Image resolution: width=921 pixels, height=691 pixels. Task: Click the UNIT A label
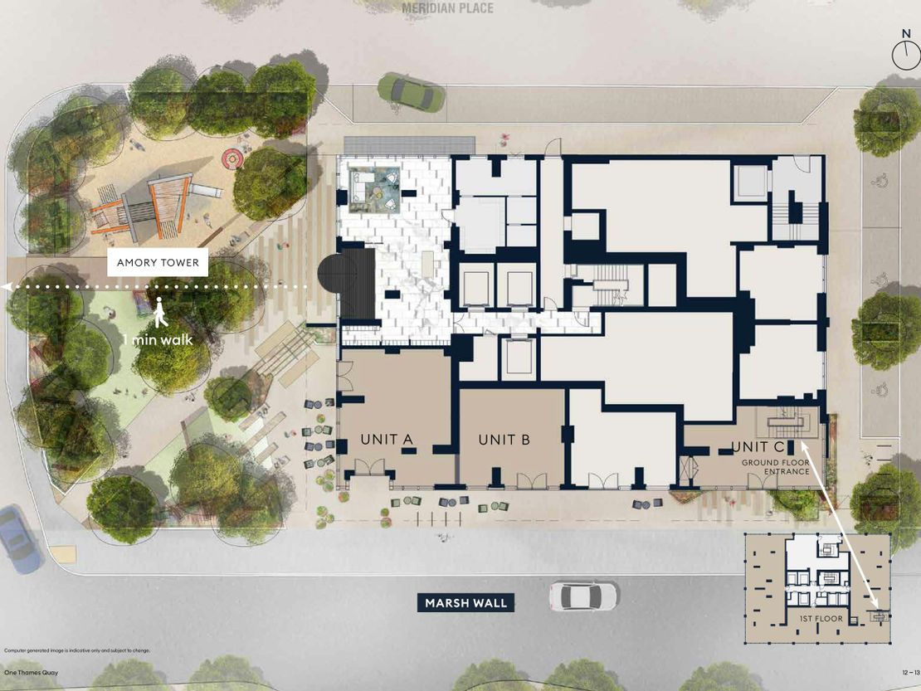tap(387, 439)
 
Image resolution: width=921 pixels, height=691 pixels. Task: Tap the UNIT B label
tap(504, 439)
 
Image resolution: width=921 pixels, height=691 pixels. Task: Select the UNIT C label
tap(758, 447)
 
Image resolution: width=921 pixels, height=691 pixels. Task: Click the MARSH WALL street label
tap(465, 603)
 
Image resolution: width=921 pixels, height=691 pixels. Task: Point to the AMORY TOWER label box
tap(158, 262)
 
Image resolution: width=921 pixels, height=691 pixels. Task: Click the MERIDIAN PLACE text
tap(447, 8)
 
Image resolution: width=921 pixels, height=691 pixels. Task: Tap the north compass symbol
tap(906, 51)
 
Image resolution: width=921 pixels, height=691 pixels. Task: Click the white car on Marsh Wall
tap(583, 596)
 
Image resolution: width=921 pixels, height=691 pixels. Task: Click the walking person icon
tap(160, 313)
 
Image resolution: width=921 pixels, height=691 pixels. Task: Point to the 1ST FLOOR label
tap(821, 619)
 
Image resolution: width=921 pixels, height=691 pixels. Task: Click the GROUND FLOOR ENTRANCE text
tap(775, 467)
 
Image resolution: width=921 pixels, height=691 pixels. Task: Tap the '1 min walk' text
tap(158, 339)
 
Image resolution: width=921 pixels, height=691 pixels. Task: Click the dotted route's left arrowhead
tap(6, 287)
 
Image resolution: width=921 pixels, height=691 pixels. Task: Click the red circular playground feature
tap(232, 158)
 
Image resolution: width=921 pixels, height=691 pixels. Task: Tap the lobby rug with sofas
tap(374, 189)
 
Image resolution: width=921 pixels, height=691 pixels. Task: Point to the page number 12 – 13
tap(911, 673)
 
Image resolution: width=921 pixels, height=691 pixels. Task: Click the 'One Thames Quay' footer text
tap(32, 673)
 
